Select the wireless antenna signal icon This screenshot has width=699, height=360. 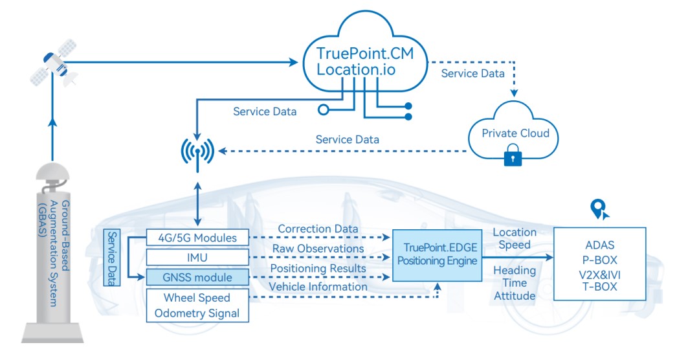point(197,153)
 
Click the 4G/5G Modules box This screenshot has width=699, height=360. point(197,238)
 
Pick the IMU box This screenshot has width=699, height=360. point(197,258)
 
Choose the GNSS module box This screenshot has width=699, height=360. point(197,278)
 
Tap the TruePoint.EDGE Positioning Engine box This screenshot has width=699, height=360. point(437,254)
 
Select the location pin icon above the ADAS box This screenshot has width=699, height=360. point(599,208)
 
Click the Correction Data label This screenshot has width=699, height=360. point(318,229)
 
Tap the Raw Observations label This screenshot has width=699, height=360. point(318,249)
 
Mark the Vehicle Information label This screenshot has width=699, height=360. point(318,287)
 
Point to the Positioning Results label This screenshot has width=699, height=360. point(318,268)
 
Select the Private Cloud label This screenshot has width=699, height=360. point(515,133)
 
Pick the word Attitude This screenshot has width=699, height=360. point(515,296)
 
